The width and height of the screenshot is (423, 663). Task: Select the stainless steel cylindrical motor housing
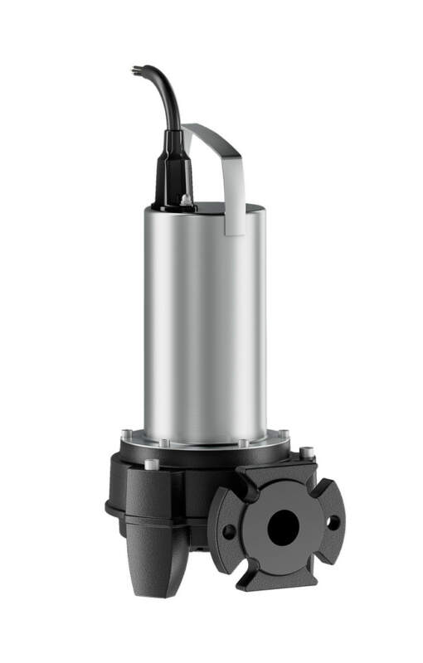[x=203, y=323]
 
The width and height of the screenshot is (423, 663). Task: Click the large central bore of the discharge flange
[x=283, y=525]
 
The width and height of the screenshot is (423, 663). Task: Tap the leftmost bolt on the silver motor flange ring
[x=127, y=435]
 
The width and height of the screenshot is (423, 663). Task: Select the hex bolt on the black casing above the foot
[x=150, y=465]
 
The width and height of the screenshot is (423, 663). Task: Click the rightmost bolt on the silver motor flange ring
[x=284, y=434]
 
